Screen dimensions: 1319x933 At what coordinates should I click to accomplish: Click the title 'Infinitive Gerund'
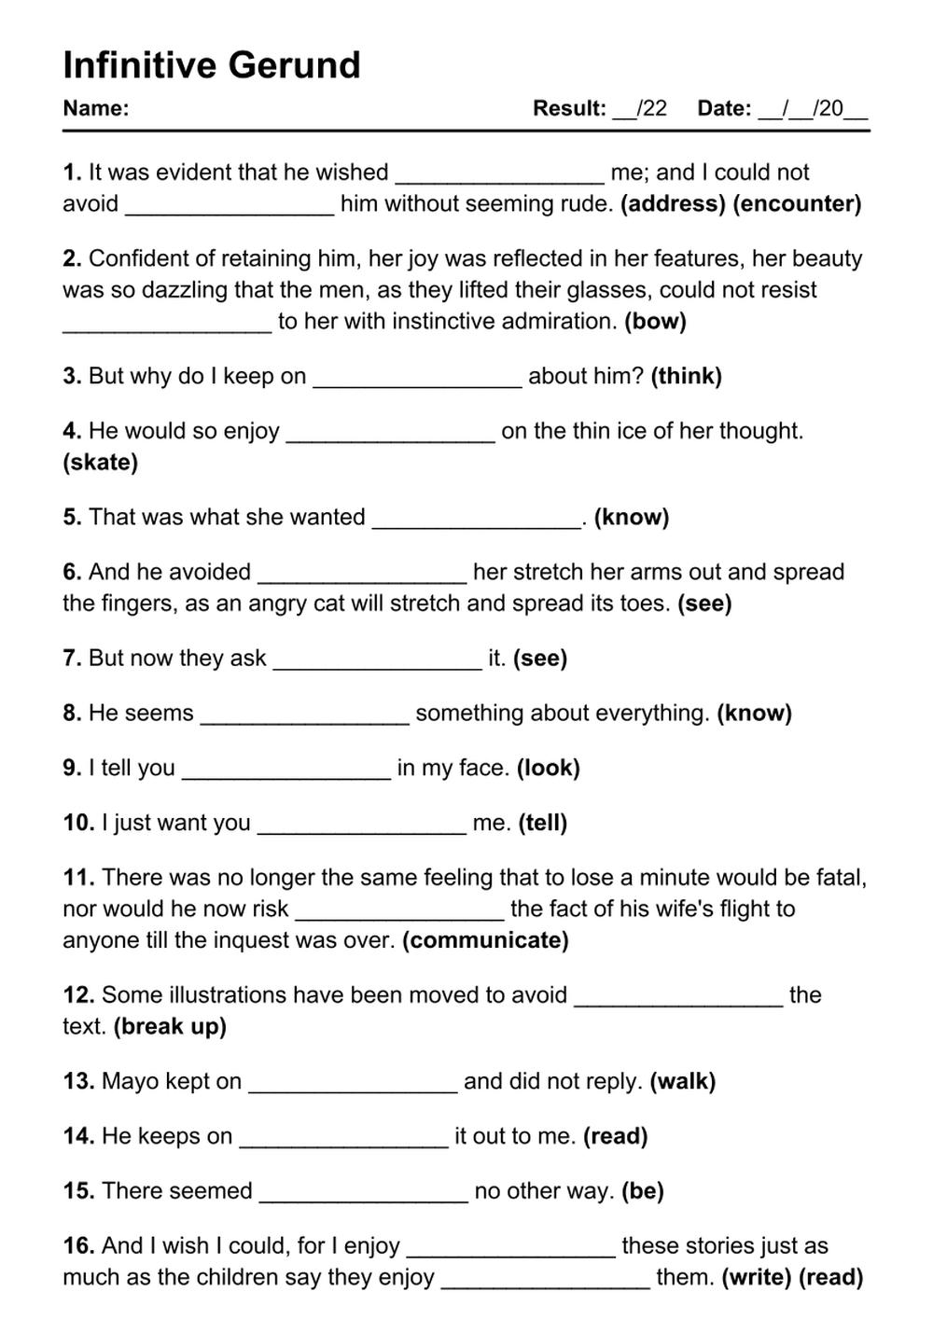[212, 65]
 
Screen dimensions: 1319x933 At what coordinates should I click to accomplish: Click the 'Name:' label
[95, 108]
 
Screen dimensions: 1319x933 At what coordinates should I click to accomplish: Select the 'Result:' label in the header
[569, 108]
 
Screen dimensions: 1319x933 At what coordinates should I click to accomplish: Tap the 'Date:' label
[724, 108]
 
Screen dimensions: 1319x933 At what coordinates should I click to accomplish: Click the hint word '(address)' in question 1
[673, 203]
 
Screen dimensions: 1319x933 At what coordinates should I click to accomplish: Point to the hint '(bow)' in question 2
[655, 321]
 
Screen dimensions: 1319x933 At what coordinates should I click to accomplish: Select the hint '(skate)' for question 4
[100, 462]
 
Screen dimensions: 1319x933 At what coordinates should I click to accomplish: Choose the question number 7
[72, 658]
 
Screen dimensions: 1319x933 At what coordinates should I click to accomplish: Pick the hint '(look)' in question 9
[548, 768]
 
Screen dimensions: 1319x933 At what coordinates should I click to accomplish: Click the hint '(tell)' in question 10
[543, 823]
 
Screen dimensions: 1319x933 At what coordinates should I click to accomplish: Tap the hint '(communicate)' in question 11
[485, 939]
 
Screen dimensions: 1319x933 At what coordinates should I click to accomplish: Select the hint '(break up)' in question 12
[170, 1026]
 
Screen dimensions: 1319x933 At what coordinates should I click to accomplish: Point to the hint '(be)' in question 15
[642, 1190]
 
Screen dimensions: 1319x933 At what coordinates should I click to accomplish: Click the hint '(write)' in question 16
[757, 1276]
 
